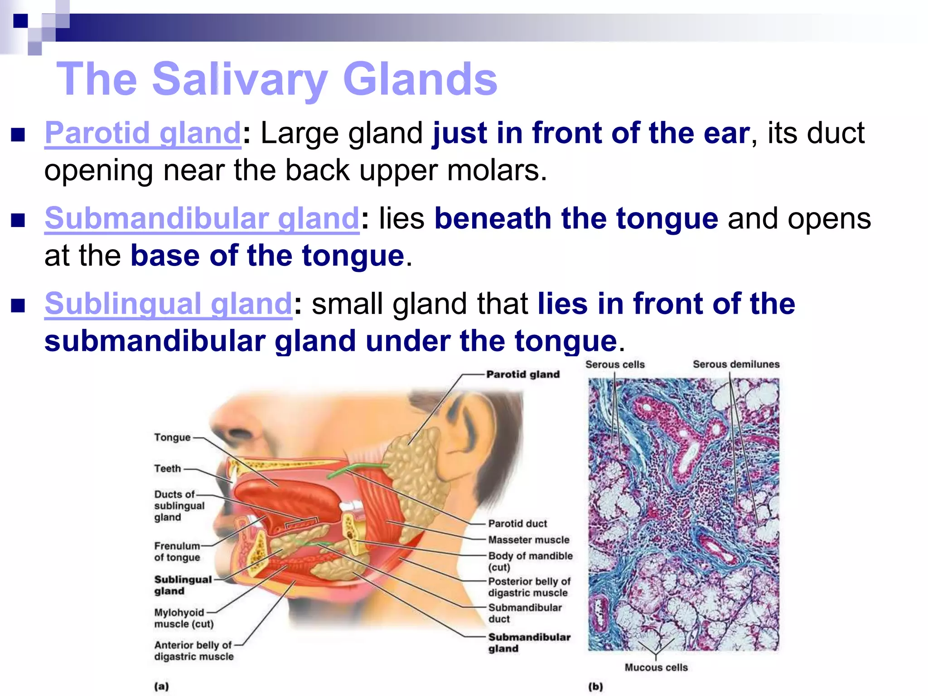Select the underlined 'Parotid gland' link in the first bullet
143,133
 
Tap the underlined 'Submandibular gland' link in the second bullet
202,218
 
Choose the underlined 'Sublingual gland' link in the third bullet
168,304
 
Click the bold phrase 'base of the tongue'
267,256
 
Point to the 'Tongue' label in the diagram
172,437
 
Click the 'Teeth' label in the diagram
167,469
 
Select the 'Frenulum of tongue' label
177,551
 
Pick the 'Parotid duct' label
517,523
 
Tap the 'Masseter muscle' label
528,540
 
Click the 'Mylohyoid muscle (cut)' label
183,618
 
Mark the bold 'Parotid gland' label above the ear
522,374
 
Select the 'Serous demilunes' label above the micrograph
736,364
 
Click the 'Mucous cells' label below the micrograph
656,667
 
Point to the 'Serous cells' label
614,364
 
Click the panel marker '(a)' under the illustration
161,686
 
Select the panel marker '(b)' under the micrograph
595,686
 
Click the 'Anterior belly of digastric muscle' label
193,651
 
